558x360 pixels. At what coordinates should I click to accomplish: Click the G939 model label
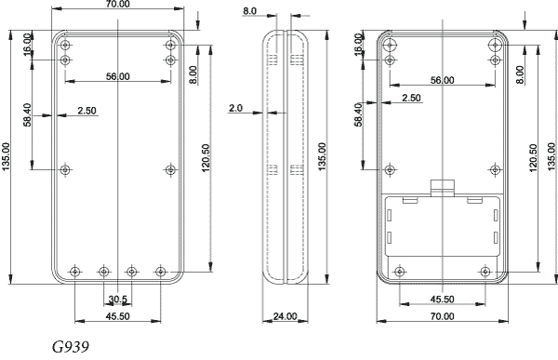pyautogui.click(x=71, y=346)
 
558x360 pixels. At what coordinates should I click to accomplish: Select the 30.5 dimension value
pyautogui.click(x=118, y=300)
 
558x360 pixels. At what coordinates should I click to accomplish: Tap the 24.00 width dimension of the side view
pyautogui.click(x=285, y=316)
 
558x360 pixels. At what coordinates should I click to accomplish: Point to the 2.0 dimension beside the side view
pyautogui.click(x=235, y=108)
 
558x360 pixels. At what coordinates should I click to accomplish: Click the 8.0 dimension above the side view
pyautogui.click(x=249, y=11)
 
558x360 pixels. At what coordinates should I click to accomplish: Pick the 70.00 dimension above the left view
pyautogui.click(x=118, y=4)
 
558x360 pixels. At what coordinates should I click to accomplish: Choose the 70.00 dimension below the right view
pyautogui.click(x=442, y=316)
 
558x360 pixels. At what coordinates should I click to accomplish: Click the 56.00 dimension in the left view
pyautogui.click(x=118, y=76)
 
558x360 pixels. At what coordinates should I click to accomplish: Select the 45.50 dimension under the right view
pyautogui.click(x=442, y=300)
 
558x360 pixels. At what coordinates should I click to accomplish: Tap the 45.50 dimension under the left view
pyautogui.click(x=118, y=316)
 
